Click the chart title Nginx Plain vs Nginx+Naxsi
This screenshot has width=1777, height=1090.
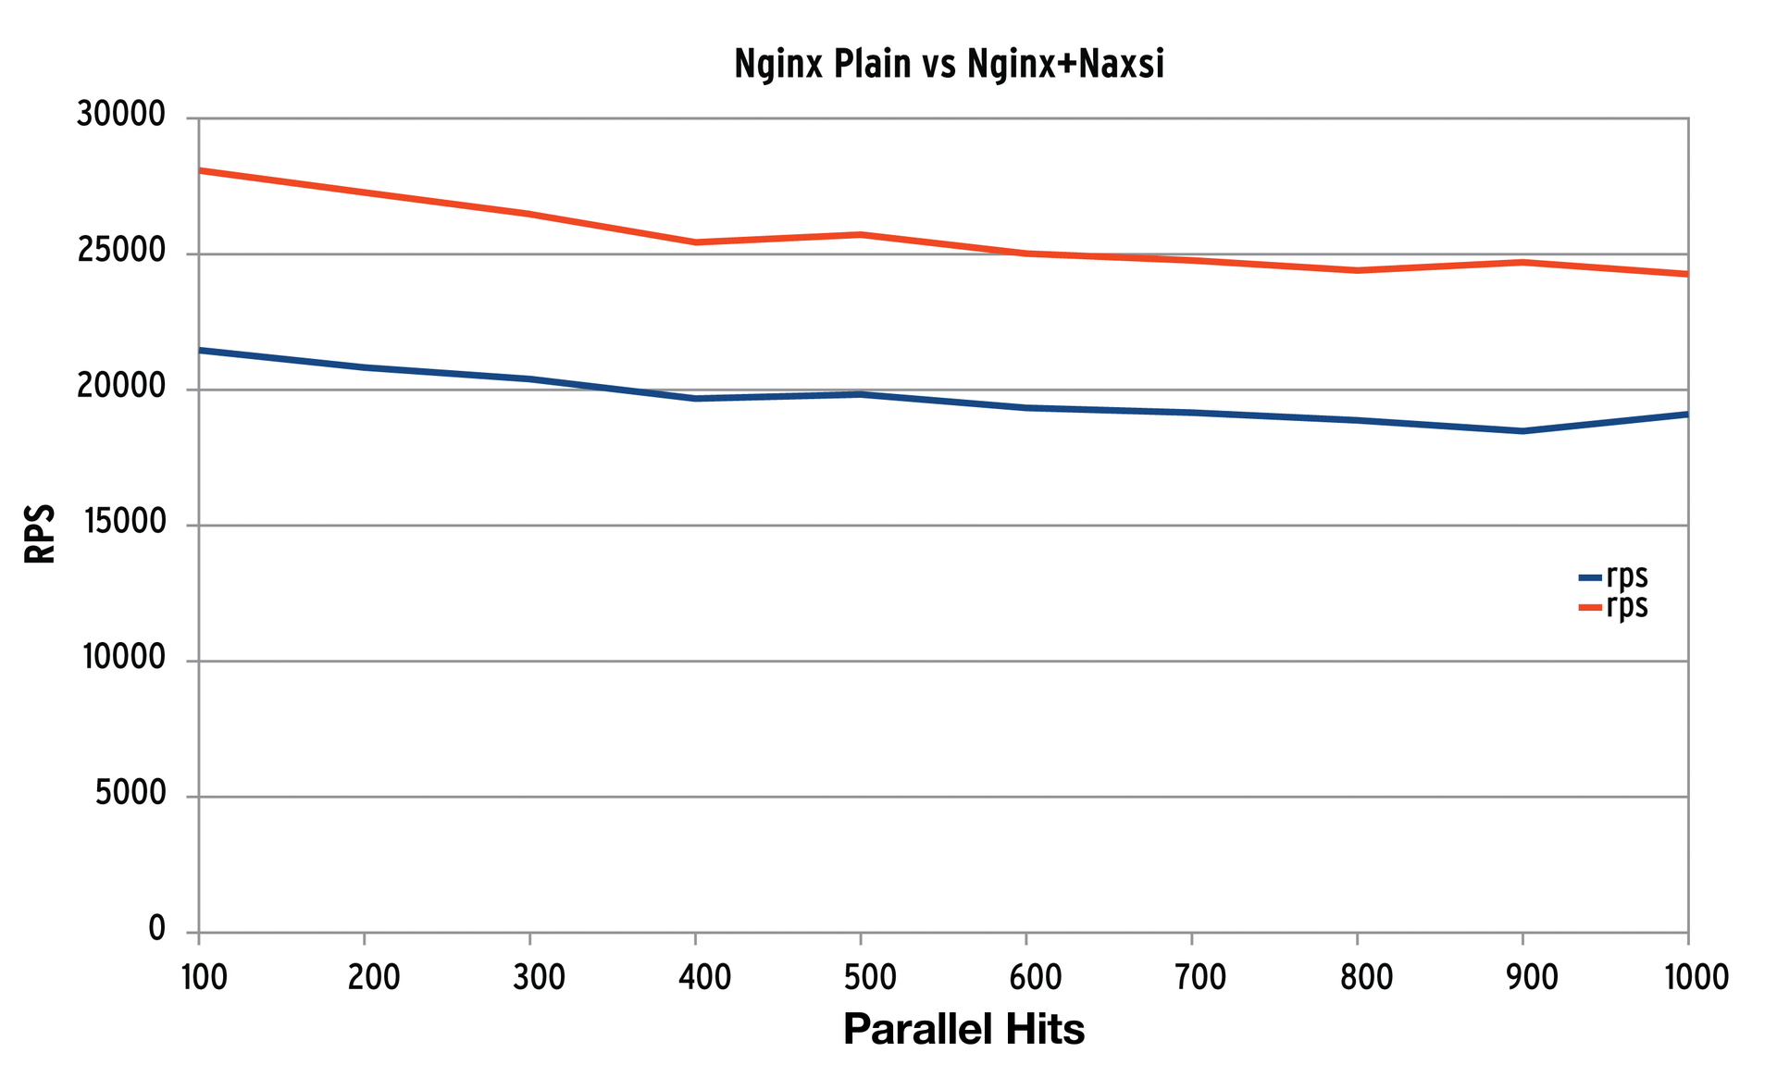(x=949, y=65)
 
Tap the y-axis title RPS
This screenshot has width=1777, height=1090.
(x=40, y=534)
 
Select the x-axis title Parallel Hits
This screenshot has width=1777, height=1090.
(x=963, y=1029)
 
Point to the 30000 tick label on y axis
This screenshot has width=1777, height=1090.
(x=121, y=116)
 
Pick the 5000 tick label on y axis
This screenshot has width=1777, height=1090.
(x=130, y=794)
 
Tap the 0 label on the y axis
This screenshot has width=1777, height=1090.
(x=156, y=929)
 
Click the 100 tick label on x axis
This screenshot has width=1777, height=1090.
(x=204, y=977)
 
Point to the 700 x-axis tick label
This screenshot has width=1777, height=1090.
(x=1200, y=977)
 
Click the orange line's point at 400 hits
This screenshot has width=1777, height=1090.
(x=695, y=242)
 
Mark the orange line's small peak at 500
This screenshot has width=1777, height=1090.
(x=861, y=234)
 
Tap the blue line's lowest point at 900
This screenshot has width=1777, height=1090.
(x=1522, y=431)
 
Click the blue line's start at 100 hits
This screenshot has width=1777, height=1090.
(x=201, y=350)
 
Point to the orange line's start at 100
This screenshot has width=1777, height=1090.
(x=201, y=170)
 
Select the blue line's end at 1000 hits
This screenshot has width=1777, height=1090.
(x=1686, y=414)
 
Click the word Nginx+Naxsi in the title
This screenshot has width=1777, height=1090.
(x=1065, y=65)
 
